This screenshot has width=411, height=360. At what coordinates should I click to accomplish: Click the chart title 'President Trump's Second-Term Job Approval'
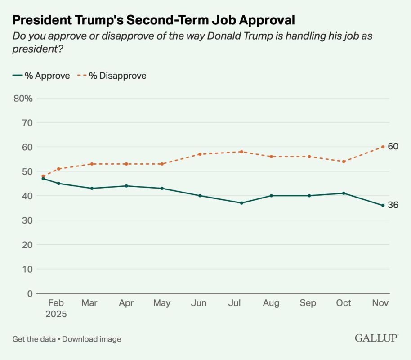point(154,20)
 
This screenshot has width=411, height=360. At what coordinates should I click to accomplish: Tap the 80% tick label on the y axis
point(22,98)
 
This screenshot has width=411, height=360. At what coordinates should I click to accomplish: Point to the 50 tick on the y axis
point(27,171)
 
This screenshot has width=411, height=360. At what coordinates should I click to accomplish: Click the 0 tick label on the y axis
point(30,293)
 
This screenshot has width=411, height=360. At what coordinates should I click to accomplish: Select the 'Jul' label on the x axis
point(235,303)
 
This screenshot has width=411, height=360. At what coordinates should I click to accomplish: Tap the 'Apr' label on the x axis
point(126,303)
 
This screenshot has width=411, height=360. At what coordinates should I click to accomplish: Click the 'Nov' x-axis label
point(380,303)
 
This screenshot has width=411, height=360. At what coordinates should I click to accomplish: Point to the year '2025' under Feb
point(56,314)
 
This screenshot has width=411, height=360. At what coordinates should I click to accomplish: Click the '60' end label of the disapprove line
point(393,147)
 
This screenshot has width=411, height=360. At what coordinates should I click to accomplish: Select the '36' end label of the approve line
point(393,205)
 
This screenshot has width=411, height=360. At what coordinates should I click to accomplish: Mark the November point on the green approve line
point(383,205)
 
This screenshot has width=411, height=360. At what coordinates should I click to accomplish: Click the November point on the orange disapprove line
point(383,147)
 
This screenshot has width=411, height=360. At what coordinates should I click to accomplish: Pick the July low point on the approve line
point(241,203)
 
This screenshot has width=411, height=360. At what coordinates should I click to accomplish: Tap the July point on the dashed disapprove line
point(241,152)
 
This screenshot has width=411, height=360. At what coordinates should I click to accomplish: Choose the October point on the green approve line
point(344,193)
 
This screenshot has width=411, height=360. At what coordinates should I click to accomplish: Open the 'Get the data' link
point(34,339)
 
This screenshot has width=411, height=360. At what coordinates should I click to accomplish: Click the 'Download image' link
point(92,339)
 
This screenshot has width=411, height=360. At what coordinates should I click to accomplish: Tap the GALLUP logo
point(376,338)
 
